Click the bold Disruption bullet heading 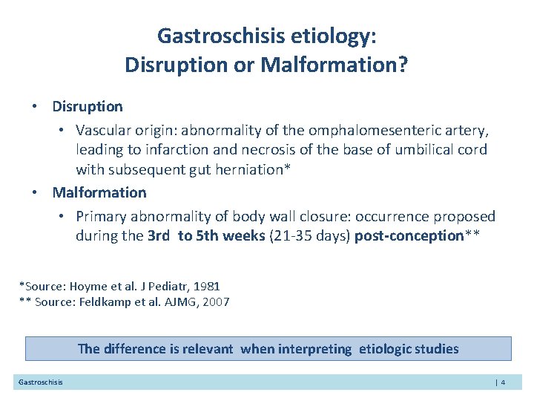tap(88, 107)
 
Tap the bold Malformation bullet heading tap(99, 193)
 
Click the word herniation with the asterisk tap(254, 169)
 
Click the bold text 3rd tap(159, 236)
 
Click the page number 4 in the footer tap(503, 382)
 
